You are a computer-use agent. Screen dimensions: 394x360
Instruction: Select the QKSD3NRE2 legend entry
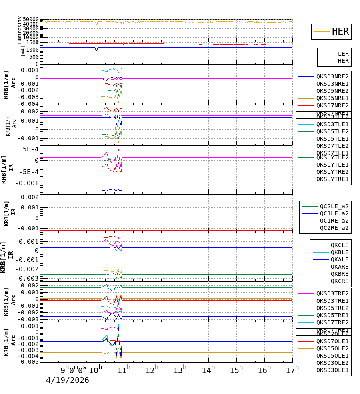332,76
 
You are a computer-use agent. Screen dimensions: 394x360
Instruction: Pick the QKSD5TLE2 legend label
332,131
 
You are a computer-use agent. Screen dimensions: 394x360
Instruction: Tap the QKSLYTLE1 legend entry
332,165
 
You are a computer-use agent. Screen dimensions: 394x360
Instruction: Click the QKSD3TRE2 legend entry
332,293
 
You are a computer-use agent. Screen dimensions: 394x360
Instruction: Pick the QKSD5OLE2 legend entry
332,348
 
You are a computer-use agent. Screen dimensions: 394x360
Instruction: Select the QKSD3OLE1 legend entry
332,370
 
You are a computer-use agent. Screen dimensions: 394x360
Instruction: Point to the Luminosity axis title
20,30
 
